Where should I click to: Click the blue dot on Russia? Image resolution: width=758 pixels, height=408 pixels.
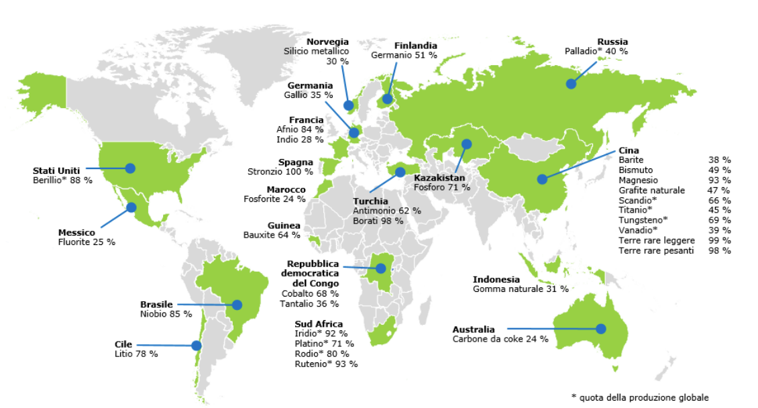click(x=571, y=84)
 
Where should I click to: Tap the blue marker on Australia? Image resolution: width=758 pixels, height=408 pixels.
click(x=601, y=329)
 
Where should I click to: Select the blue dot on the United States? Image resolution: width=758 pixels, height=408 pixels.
click(x=130, y=168)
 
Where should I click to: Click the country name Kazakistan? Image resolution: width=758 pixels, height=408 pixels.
click(x=439, y=178)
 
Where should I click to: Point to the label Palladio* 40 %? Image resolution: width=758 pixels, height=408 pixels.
click(x=596, y=51)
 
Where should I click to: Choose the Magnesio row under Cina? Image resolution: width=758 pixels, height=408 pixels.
click(x=638, y=181)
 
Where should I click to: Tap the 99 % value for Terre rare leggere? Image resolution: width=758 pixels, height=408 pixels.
click(x=719, y=240)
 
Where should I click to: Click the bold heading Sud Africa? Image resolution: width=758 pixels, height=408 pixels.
click(x=319, y=323)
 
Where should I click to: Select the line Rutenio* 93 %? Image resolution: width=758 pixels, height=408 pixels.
click(x=326, y=364)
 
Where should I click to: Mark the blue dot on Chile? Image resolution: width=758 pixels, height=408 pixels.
click(x=196, y=346)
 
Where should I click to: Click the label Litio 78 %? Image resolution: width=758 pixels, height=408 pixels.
click(x=136, y=354)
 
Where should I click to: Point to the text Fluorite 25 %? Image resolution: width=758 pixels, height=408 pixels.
click(x=87, y=242)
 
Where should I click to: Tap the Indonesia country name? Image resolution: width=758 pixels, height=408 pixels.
click(x=496, y=279)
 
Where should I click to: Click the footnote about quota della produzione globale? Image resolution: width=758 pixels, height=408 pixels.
click(x=640, y=397)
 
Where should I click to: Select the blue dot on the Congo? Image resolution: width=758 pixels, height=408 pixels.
click(x=380, y=268)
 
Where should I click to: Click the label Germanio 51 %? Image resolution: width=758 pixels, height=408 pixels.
click(x=404, y=55)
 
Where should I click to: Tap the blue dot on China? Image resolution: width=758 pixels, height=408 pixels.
click(x=541, y=179)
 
